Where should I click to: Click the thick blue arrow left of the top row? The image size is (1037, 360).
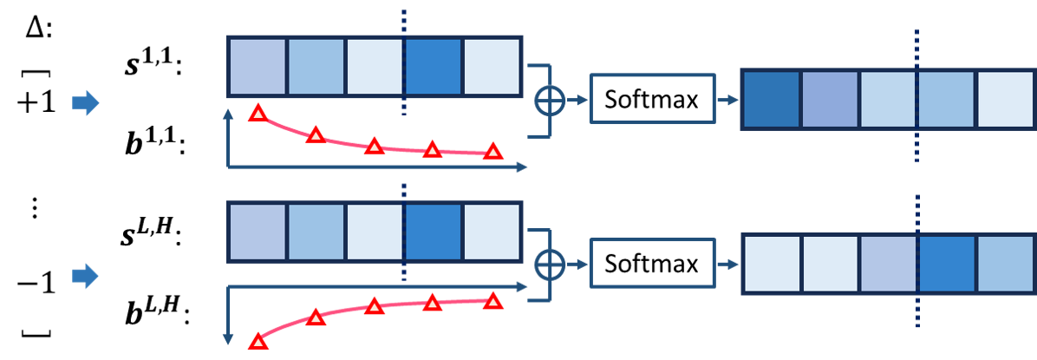[85, 102]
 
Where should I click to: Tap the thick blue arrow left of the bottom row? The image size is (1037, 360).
[85, 276]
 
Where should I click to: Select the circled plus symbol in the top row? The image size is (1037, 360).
[549, 101]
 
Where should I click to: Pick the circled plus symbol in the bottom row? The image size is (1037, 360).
[549, 264]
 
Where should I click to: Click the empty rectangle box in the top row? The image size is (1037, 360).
[652, 99]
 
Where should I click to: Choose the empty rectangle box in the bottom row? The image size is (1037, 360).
[652, 263]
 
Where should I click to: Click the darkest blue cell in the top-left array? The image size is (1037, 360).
[434, 67]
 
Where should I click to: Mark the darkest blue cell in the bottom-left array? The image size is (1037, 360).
[434, 232]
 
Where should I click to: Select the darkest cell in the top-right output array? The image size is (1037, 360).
[772, 100]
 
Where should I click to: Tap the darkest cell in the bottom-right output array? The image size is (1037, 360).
[947, 264]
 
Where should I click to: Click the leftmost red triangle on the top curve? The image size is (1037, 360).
[258, 112]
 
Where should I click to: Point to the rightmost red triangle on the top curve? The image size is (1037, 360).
[492, 151]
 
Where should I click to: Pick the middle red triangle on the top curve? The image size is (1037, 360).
[374, 145]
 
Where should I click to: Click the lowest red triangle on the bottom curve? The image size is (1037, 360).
[258, 341]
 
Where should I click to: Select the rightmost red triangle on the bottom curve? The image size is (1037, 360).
[492, 300]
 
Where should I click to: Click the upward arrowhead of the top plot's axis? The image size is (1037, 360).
[228, 114]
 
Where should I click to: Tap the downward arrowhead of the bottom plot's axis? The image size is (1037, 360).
[228, 340]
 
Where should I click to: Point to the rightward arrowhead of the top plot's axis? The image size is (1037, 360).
[522, 167]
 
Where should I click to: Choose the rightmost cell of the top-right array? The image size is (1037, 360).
[1005, 100]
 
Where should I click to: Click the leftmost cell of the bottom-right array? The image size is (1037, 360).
[772, 264]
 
